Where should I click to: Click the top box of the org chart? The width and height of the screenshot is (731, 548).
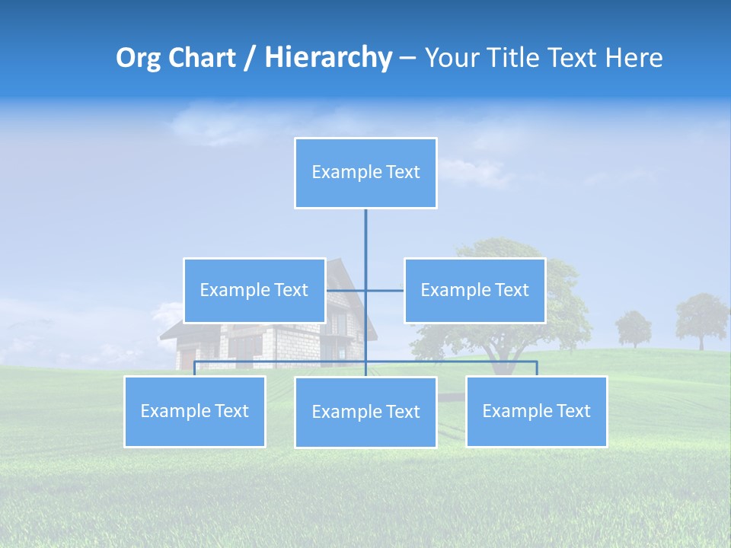365,173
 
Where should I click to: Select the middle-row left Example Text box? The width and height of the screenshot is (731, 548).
254,290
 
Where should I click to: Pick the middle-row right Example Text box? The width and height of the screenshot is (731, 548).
474,290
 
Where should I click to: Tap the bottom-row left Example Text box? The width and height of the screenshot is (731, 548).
194,411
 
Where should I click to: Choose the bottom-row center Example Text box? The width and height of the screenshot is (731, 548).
365,412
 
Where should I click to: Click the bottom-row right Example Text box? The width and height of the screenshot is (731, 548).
536,411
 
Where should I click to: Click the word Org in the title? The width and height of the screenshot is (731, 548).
139,58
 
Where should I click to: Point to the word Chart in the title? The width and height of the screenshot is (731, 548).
202,58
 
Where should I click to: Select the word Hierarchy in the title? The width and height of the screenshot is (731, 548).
327,58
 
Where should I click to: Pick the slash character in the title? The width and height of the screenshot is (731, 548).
250,58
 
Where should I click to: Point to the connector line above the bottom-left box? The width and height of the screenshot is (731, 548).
195,368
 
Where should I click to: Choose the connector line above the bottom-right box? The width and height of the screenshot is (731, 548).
537,368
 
